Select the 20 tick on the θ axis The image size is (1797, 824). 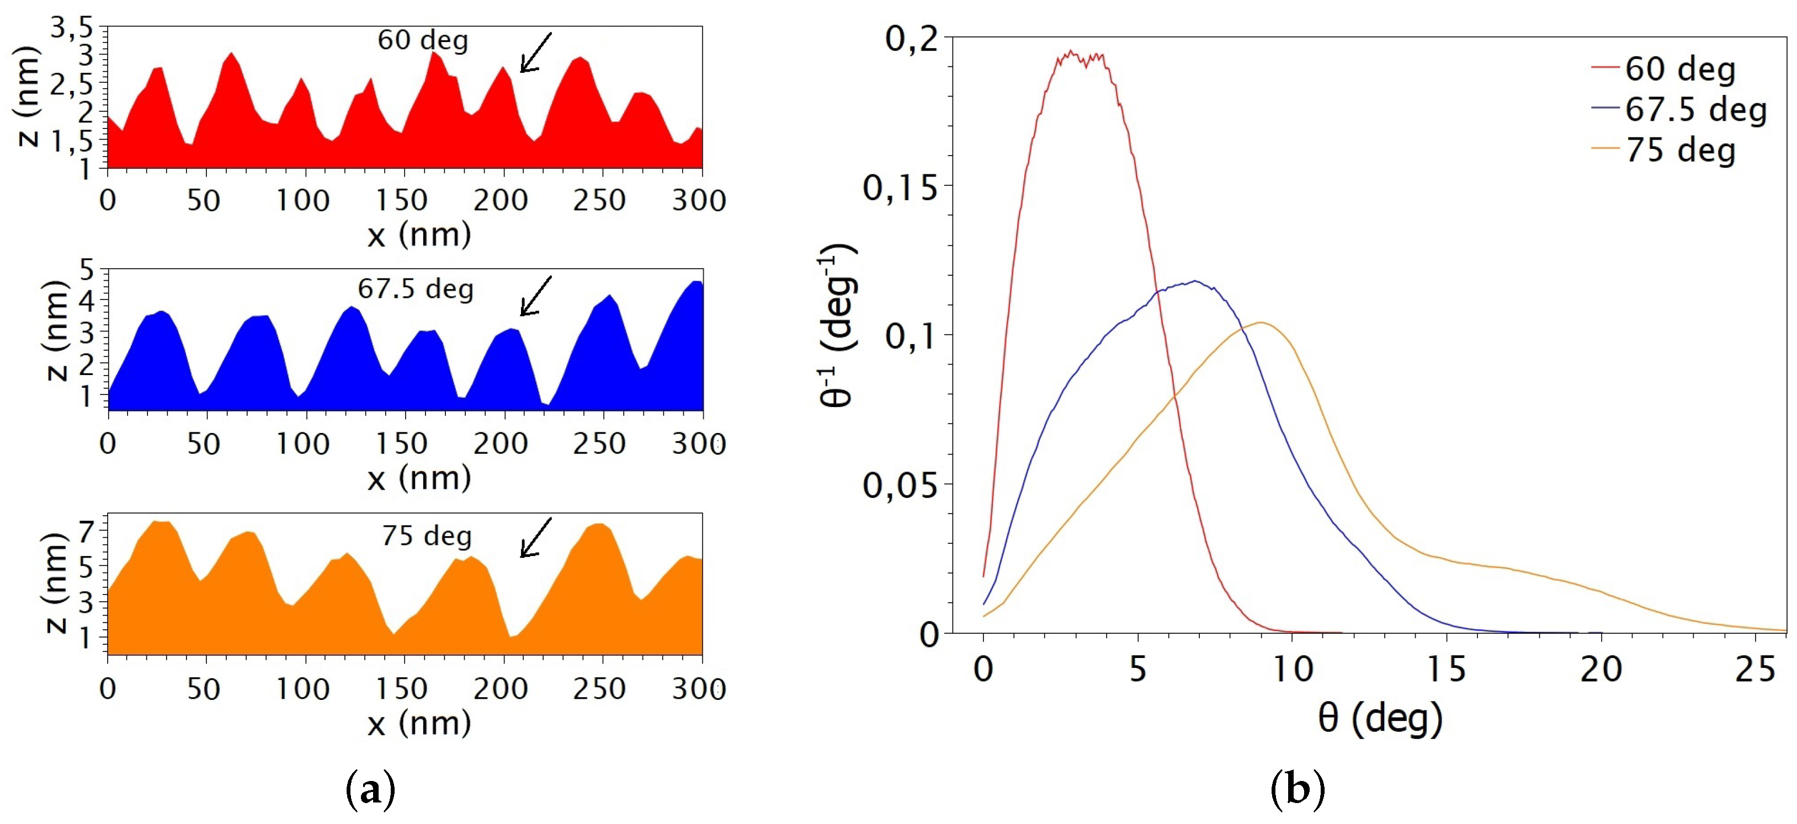click(1601, 668)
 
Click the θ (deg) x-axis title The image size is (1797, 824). click(1380, 718)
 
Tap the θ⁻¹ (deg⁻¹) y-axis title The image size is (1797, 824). click(837, 325)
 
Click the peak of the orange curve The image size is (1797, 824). click(1261, 322)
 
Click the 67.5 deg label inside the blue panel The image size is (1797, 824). click(416, 288)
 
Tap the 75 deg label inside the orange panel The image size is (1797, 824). click(427, 536)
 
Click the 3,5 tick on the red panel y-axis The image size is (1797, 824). click(72, 28)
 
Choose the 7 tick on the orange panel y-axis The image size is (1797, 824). click(85, 532)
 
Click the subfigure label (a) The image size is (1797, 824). click(370, 790)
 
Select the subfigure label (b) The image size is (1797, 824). click(1298, 790)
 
